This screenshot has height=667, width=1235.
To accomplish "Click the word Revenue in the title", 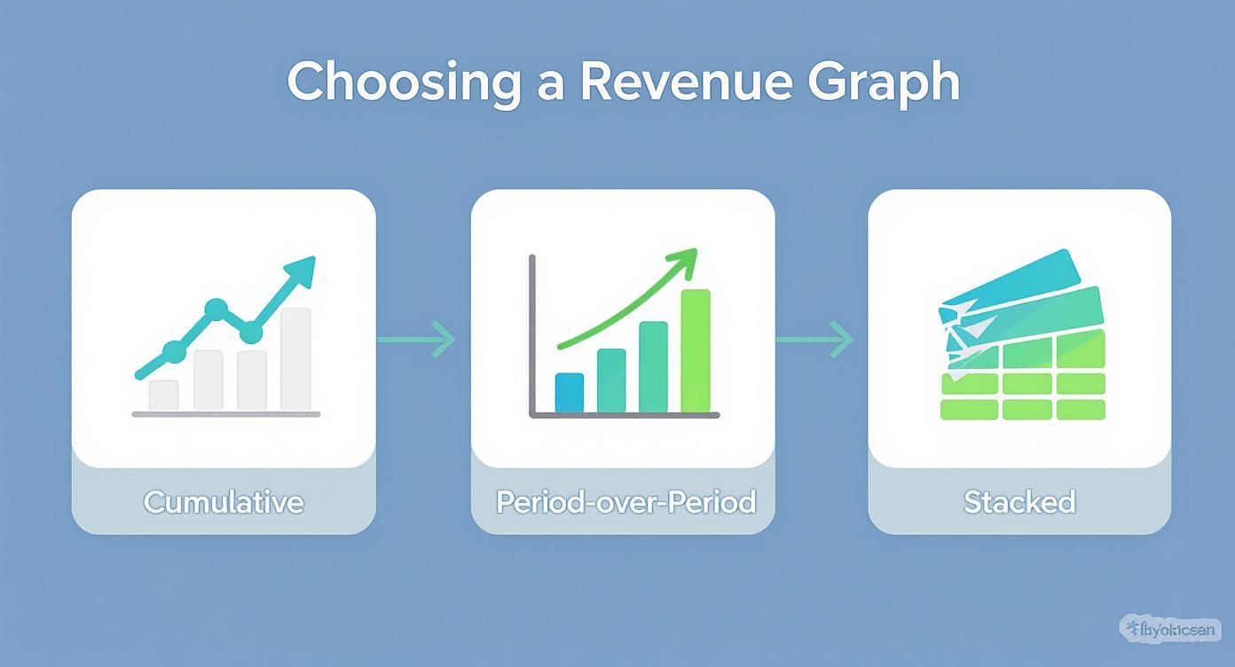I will coord(682,82).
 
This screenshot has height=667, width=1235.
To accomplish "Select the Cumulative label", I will coord(224,502).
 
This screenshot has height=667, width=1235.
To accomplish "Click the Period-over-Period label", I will coord(625,502).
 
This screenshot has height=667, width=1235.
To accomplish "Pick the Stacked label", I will coord(1019,502).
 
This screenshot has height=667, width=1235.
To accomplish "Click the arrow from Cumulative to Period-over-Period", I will coord(417,339).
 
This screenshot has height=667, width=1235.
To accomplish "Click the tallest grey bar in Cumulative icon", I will coord(295,358).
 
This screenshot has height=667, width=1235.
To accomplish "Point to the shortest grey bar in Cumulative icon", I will coord(163,395).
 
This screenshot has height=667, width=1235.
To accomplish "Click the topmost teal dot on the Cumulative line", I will coord(216,309).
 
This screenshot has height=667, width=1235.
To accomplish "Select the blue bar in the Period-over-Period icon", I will coord(569,393).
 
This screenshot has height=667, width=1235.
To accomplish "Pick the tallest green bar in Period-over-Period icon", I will coord(696,351).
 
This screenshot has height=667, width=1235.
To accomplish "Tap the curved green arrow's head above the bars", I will coord(684,258).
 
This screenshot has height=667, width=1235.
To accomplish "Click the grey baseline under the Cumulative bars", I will coord(226,414).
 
